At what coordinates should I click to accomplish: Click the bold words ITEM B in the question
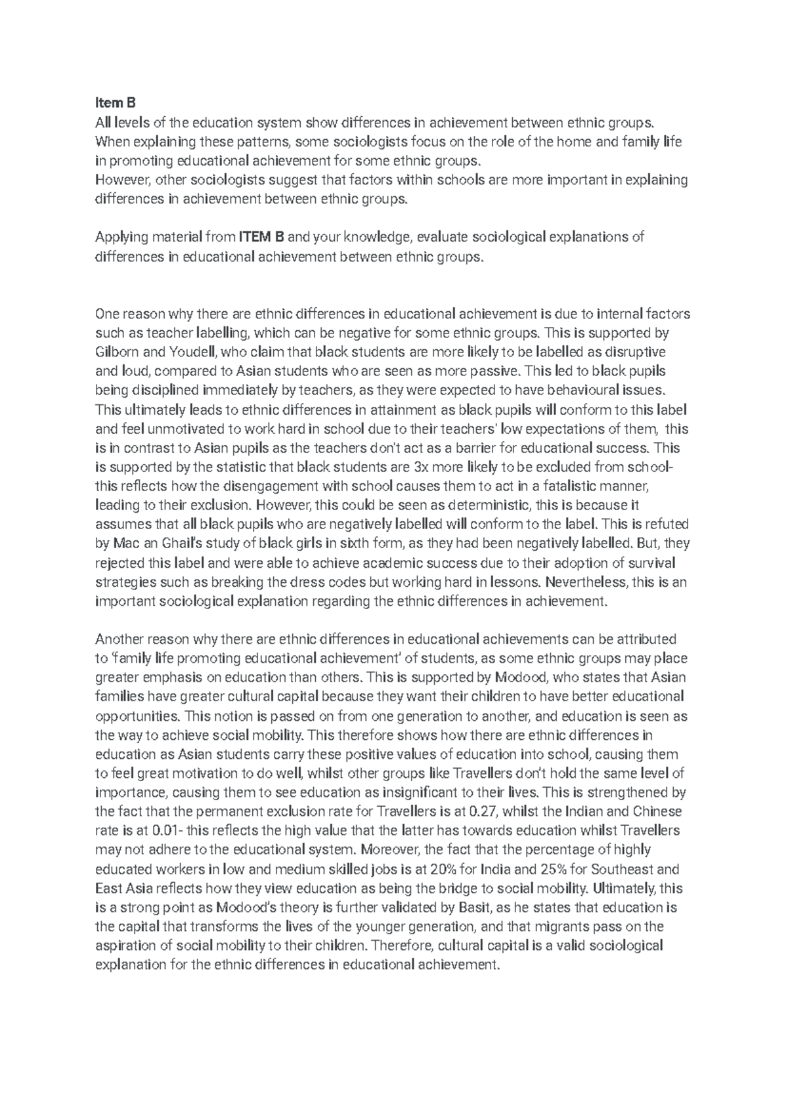tap(262, 237)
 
